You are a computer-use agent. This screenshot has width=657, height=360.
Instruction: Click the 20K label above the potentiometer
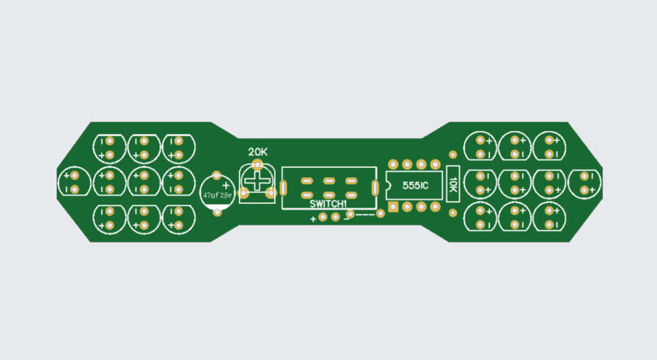pyautogui.click(x=258, y=152)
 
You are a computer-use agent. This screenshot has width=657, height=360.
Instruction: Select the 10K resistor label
pyautogui.click(x=453, y=184)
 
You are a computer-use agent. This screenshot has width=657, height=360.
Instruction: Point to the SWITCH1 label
pyautogui.click(x=328, y=204)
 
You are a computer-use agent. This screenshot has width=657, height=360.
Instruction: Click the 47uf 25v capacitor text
pyautogui.click(x=217, y=195)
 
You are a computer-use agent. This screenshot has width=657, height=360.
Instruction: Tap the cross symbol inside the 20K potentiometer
pyautogui.click(x=259, y=181)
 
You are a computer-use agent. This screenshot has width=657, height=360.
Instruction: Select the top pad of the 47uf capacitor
pyautogui.click(x=217, y=174)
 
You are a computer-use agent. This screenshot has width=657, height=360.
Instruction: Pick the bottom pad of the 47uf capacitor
pyautogui.click(x=218, y=212)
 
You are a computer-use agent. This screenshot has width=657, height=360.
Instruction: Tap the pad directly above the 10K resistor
pyautogui.click(x=453, y=155)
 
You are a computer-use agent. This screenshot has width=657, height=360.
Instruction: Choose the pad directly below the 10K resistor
pyautogui.click(x=453, y=213)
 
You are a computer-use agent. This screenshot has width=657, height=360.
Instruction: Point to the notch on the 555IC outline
pyautogui.click(x=388, y=185)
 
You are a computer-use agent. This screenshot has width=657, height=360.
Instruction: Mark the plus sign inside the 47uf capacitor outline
pyautogui.click(x=225, y=185)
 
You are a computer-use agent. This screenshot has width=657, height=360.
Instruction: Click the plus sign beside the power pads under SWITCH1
pyautogui.click(x=313, y=219)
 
